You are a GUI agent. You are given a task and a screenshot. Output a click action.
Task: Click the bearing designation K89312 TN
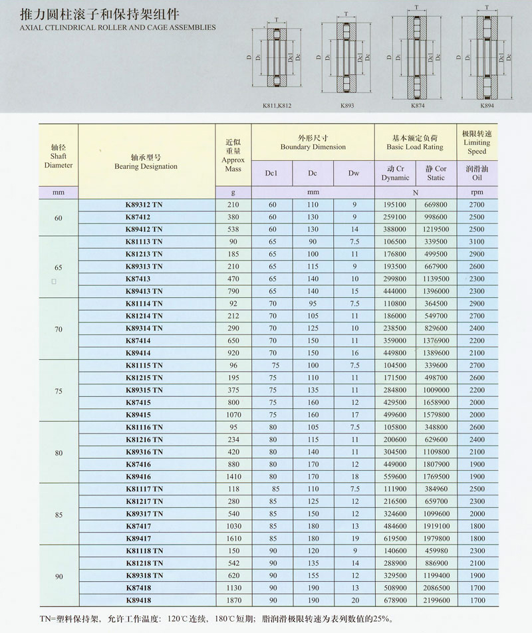click(x=144, y=205)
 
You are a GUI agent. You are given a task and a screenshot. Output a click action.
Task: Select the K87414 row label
click(x=138, y=340)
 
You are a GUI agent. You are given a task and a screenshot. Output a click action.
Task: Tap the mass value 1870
click(x=233, y=600)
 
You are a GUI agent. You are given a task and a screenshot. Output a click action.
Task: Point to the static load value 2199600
click(x=436, y=600)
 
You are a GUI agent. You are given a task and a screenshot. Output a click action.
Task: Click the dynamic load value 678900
click(x=395, y=600)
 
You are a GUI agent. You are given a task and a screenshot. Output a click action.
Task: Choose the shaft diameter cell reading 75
click(x=59, y=392)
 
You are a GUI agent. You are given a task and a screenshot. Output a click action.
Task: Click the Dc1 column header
click(x=271, y=173)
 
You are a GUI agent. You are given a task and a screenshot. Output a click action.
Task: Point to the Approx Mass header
click(x=233, y=156)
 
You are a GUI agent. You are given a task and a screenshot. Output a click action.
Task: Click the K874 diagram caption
click(x=418, y=106)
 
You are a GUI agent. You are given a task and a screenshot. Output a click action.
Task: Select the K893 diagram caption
click(x=346, y=106)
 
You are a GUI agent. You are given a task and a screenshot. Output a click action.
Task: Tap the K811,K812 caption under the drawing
click(x=277, y=106)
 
